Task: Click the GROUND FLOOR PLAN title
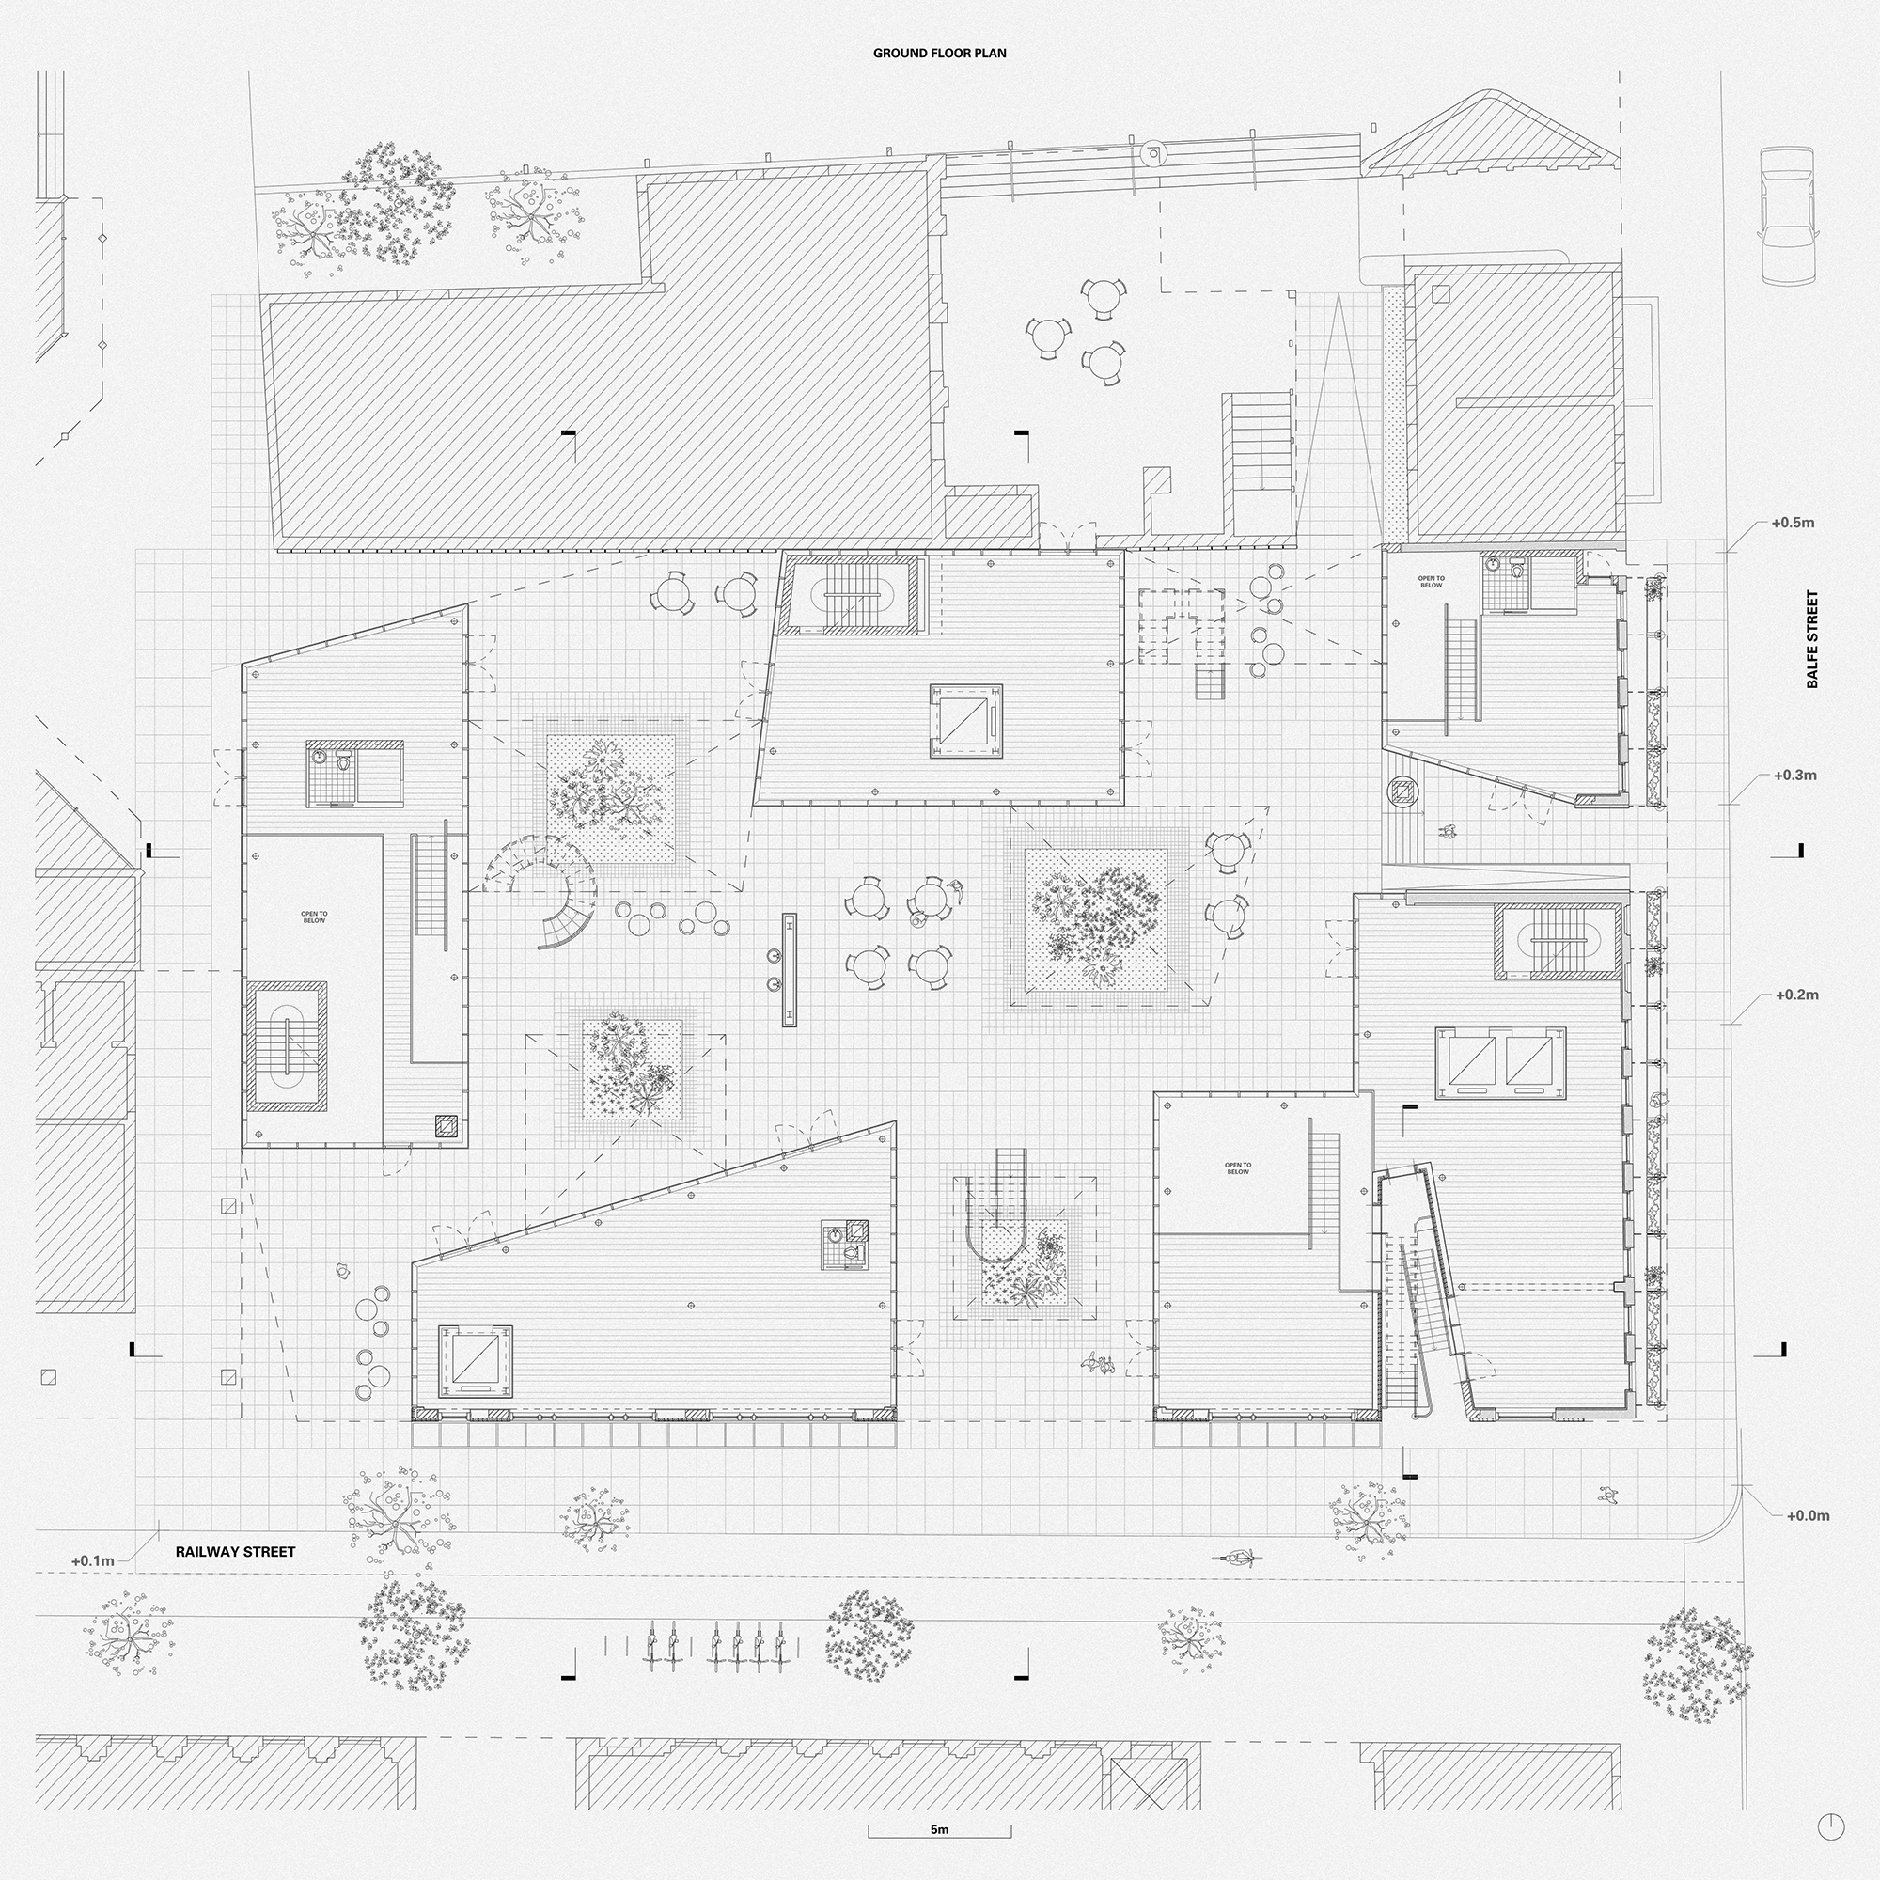[x=939, y=54]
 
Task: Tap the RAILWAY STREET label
[x=236, y=1552]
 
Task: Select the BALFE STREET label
[x=1812, y=639]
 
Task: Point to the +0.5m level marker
[x=1793, y=523]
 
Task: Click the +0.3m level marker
[x=1794, y=775]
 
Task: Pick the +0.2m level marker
[x=1796, y=995]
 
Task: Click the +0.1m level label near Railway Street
[x=92, y=1560]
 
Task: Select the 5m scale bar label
[x=939, y=1829]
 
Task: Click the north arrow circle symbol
[x=1829, y=1827]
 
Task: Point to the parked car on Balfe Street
[x=1789, y=215]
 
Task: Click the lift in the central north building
[x=965, y=721]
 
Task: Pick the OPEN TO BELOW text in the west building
[x=314, y=916]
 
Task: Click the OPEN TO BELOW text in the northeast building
[x=1431, y=582]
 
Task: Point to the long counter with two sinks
[x=789, y=969]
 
